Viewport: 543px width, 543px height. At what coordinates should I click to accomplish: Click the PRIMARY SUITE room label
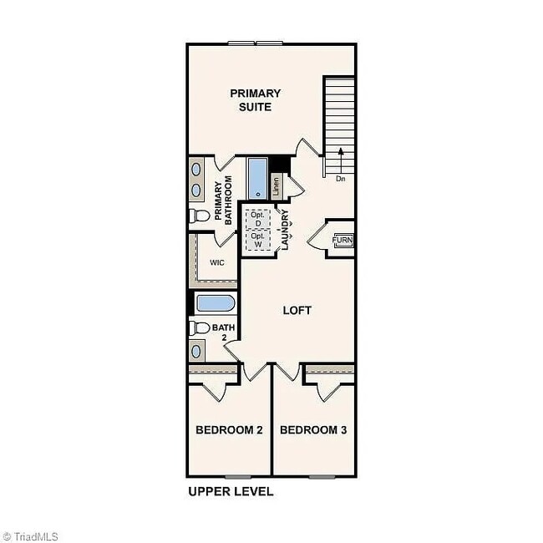point(256,99)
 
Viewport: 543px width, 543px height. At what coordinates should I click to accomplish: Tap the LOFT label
point(297,310)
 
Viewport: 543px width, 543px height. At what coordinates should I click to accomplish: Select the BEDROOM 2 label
point(229,430)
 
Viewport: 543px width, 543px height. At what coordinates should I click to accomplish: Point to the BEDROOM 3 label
point(313,430)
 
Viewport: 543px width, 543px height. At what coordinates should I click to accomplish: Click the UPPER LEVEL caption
point(231,491)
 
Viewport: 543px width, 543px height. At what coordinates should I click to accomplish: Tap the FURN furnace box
point(343,241)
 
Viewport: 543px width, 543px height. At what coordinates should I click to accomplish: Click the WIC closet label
point(217,261)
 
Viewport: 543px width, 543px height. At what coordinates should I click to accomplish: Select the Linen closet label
point(277,186)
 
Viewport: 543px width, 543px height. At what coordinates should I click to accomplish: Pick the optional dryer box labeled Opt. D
point(258,219)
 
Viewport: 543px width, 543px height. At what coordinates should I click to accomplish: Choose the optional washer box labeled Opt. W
point(258,240)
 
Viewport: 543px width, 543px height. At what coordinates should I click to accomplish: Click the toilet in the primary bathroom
point(199,216)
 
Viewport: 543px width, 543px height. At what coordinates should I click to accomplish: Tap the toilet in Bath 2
point(199,327)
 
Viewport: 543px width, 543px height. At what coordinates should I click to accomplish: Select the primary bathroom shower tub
point(256,177)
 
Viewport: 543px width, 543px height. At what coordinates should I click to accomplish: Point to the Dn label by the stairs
point(340,179)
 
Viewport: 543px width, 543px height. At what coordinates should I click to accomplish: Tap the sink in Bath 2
point(197,350)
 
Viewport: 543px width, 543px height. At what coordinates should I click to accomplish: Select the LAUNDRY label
point(285,230)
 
